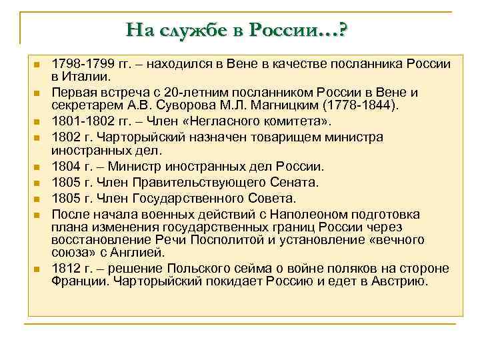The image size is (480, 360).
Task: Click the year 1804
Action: coord(65,167)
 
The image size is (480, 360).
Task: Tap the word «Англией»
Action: coord(158,253)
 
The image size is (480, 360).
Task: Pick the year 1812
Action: coord(65,269)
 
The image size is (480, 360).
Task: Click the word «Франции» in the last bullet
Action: coord(76,282)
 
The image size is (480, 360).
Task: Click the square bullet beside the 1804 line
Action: coord(37,167)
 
